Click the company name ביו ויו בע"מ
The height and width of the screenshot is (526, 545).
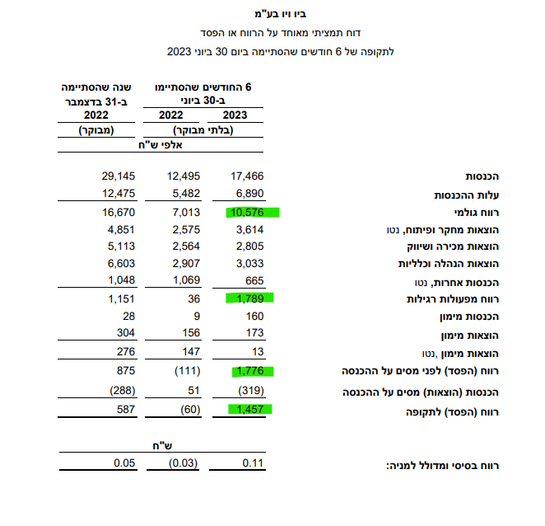[279, 14]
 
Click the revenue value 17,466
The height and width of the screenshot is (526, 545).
[248, 176]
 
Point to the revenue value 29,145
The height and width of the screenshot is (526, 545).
[117, 176]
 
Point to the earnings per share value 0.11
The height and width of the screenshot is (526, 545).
[253, 463]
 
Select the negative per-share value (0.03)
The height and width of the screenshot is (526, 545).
[182, 463]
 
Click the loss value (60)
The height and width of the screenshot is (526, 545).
[186, 410]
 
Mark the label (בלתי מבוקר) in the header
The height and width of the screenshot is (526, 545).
[206, 130]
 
